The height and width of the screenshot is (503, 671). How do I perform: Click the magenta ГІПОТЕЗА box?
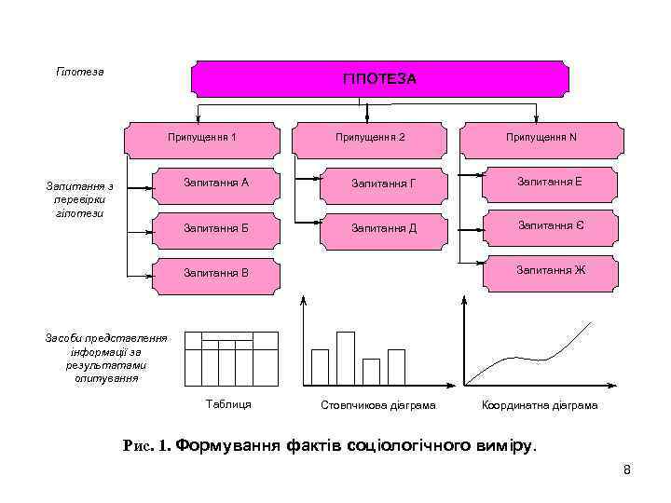(379, 79)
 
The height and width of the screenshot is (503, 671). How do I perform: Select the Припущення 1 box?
(201, 138)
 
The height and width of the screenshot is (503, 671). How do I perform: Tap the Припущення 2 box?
(370, 138)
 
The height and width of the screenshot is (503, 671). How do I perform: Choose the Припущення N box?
(541, 138)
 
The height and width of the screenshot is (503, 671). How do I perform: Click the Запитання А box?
(216, 183)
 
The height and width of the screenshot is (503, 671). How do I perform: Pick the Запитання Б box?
(216, 228)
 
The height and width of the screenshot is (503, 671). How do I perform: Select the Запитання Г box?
(383, 184)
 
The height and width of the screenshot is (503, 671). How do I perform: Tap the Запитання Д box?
(383, 229)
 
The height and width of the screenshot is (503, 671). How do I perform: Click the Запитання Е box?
(550, 182)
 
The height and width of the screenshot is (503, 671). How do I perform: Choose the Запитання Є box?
(550, 226)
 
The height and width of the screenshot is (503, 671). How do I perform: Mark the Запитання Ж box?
(550, 271)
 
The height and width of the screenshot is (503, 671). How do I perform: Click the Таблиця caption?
(227, 404)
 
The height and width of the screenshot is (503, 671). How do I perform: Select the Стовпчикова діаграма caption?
(378, 406)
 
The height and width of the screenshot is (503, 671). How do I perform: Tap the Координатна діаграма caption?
(540, 406)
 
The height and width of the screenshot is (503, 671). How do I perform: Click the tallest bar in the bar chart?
(346, 358)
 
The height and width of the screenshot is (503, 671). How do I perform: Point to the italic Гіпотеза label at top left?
(80, 72)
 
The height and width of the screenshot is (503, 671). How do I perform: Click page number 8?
(627, 469)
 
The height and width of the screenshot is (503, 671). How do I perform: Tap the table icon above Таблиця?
(232, 358)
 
